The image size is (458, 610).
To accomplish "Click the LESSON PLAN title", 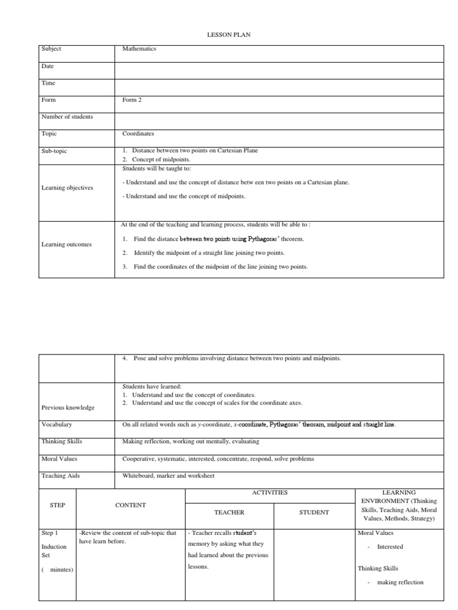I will click(228, 35).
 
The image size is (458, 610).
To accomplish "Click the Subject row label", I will click(51, 49).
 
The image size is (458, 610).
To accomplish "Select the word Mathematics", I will click(139, 49).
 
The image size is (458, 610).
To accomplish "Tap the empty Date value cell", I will click(279, 70).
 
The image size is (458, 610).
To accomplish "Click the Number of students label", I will click(67, 117).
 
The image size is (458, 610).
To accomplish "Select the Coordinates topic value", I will click(138, 134).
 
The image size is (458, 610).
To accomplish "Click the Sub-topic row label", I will click(54, 151).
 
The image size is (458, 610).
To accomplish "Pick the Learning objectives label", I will click(67, 188).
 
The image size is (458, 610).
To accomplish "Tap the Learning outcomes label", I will click(67, 244).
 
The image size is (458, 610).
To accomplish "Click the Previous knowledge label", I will click(68, 407).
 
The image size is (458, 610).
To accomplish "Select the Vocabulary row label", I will click(57, 425).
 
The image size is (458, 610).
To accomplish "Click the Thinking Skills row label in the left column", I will click(62, 442).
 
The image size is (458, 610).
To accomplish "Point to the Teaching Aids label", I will click(61, 476).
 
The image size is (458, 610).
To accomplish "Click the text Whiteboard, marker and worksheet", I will click(168, 476).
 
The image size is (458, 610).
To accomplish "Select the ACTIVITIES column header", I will click(270, 493).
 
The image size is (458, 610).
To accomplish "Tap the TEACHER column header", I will click(230, 512).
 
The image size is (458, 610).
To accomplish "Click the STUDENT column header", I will click(314, 512).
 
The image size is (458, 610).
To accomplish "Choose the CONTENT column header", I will click(130, 505).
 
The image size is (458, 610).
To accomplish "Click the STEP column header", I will click(57, 505).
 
